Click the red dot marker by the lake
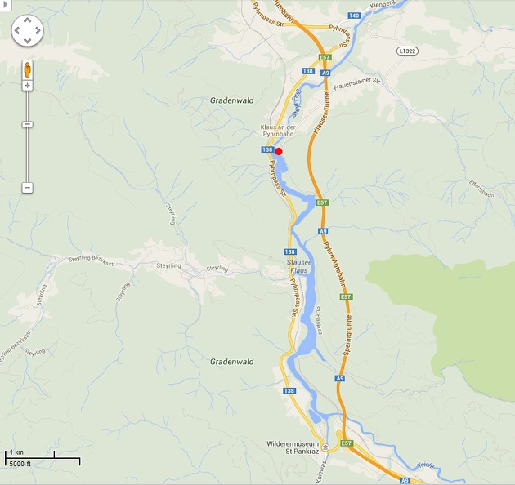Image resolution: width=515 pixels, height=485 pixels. click(x=278, y=151)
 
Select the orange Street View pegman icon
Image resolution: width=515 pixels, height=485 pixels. click(x=27, y=69)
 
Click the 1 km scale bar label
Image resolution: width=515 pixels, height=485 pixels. click(x=16, y=452)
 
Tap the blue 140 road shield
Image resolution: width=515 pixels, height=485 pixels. click(x=354, y=16)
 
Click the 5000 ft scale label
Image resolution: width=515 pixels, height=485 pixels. click(x=20, y=464)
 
